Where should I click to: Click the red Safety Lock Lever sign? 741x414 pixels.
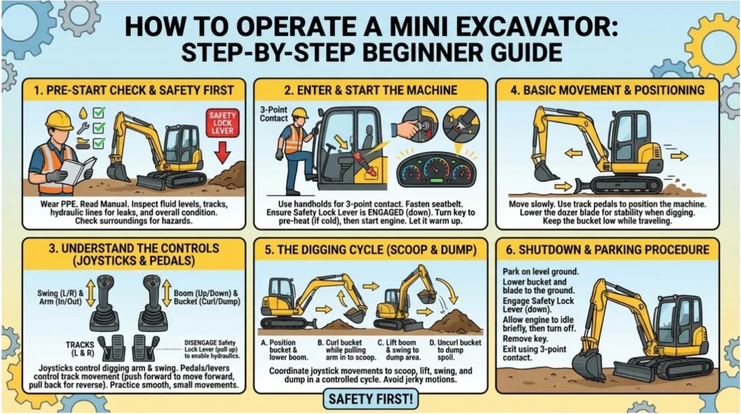click(x=223, y=122)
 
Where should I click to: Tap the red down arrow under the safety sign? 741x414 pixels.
click(x=223, y=153)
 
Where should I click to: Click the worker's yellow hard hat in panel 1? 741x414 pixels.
click(x=59, y=119)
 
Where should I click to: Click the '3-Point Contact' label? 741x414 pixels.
click(x=274, y=114)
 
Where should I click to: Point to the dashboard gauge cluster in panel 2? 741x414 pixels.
click(x=436, y=170)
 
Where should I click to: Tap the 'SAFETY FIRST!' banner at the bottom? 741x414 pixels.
click(x=371, y=399)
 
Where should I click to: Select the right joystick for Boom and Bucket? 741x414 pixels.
click(x=153, y=303)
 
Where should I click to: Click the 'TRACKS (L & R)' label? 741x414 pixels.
click(x=80, y=349)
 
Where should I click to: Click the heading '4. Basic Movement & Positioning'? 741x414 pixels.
click(x=607, y=90)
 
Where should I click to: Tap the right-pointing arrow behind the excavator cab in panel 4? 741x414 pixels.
click(x=679, y=156)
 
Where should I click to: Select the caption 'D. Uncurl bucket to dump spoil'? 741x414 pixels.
click(x=455, y=350)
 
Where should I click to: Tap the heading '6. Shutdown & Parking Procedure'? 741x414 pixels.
click(x=607, y=250)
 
